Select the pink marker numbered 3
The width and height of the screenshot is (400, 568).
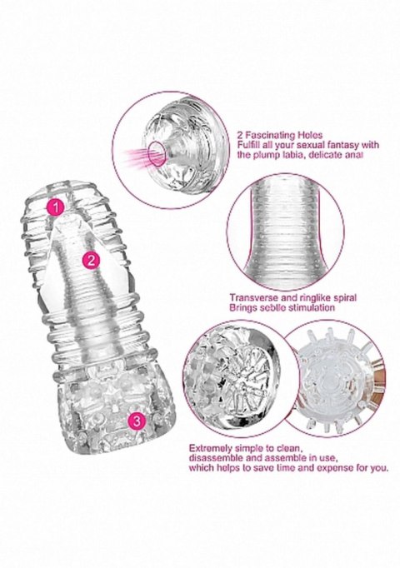[136, 421]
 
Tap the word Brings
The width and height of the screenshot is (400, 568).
[243, 307]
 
